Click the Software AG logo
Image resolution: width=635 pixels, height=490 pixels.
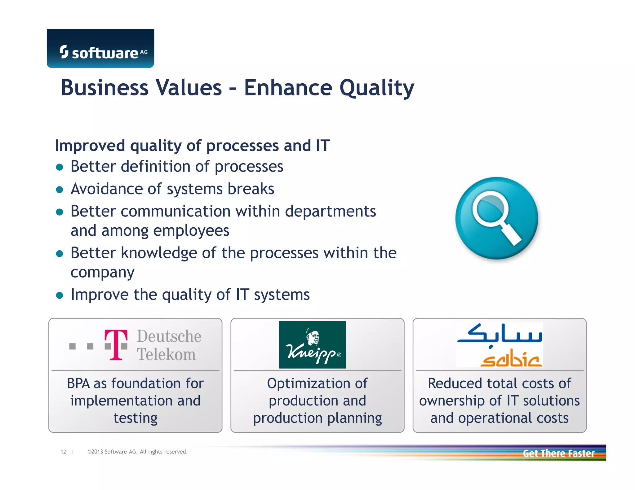point(100,49)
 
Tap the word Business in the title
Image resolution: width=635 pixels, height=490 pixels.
point(104,88)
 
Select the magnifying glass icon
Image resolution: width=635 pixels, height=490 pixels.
point(496,218)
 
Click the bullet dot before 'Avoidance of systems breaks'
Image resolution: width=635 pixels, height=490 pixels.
point(60,190)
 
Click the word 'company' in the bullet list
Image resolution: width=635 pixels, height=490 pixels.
point(102,272)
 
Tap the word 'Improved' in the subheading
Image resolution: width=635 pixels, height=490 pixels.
point(90,146)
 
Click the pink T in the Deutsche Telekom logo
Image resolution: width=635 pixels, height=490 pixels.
point(116,344)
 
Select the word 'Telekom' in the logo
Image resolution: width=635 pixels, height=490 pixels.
point(166,354)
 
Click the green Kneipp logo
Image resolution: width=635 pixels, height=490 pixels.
point(312,345)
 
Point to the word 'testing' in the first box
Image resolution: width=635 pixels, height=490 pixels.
point(135,418)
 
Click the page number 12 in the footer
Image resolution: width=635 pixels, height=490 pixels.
point(63,452)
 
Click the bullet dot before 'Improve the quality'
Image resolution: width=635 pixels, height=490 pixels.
point(60,295)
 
